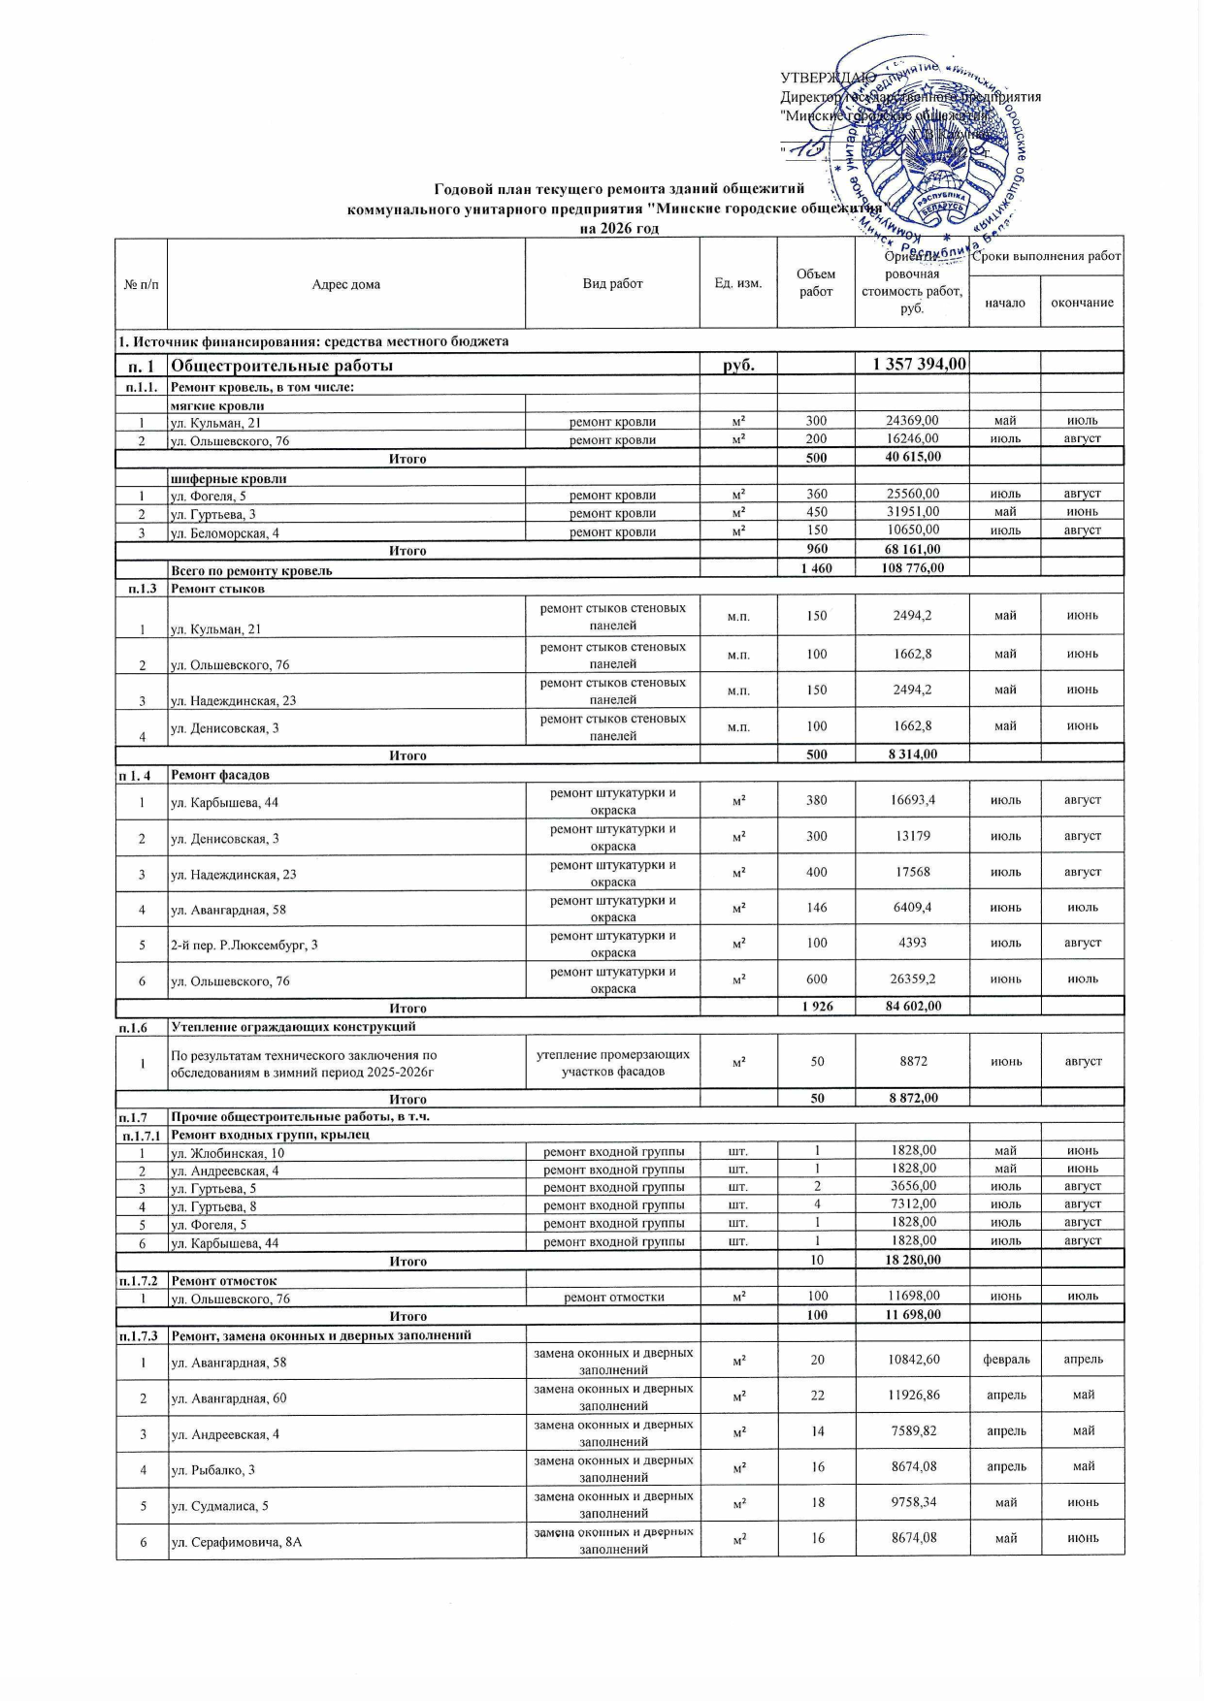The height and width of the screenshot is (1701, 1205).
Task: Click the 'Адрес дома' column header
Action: (x=346, y=284)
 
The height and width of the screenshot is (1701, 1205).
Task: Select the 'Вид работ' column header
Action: (x=612, y=283)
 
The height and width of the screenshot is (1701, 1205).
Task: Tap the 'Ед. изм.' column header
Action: (x=738, y=283)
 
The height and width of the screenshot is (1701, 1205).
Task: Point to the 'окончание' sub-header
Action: (x=1082, y=303)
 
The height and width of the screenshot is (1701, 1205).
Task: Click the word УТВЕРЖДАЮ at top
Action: (x=828, y=78)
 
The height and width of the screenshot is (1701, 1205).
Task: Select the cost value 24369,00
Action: (x=912, y=421)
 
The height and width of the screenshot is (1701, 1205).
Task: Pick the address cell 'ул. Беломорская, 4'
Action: (x=225, y=533)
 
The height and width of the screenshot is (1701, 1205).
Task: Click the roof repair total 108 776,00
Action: (x=912, y=568)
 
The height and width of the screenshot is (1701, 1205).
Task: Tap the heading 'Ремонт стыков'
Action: (x=217, y=589)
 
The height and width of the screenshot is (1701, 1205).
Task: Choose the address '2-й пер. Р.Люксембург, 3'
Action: (x=244, y=945)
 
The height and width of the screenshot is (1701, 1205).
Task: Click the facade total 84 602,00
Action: (x=913, y=1006)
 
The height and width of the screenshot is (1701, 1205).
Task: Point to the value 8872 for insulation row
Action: (x=913, y=1061)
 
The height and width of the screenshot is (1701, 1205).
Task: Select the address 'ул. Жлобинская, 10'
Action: (x=227, y=1153)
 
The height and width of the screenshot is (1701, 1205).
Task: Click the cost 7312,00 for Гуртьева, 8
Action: (x=913, y=1204)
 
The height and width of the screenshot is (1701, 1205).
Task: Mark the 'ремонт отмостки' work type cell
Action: (x=613, y=1297)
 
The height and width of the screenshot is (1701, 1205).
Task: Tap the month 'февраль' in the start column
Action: (x=1006, y=1360)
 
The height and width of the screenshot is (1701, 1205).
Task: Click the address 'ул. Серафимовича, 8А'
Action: (x=236, y=1541)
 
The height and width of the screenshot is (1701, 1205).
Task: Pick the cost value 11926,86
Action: (x=913, y=1395)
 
